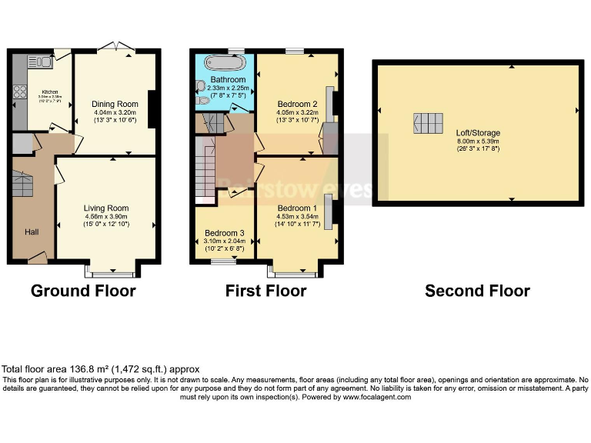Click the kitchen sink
coord(37,62)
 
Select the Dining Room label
coord(115,104)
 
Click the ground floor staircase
coord(23,185)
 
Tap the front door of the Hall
coord(37,258)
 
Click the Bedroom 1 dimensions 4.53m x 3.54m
coord(296,217)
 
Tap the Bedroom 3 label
coord(225,233)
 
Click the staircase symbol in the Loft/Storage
coord(429,123)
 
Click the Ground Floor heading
coord(83,291)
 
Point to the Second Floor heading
coord(477,291)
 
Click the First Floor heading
coord(265,291)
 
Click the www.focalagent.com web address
coord(377,397)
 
